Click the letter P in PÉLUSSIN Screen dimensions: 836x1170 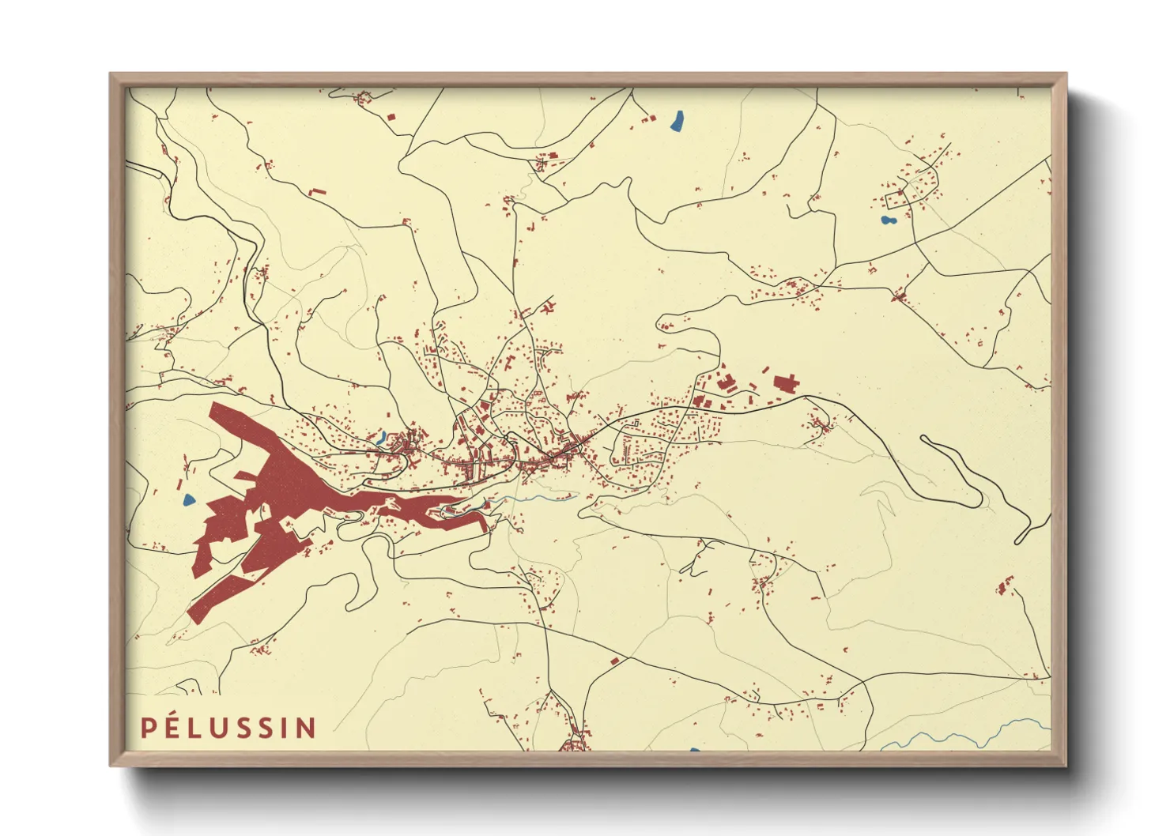pyautogui.click(x=148, y=728)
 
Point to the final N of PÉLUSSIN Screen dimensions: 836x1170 pyautogui.click(x=307, y=728)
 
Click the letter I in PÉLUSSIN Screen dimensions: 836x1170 pyautogui.click(x=287, y=728)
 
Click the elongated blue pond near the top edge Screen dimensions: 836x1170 pyautogui.click(x=677, y=121)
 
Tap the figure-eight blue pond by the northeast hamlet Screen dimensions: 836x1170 pyautogui.click(x=888, y=220)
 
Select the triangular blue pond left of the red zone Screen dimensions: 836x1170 pyautogui.click(x=189, y=499)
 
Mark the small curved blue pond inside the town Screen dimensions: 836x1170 pyautogui.click(x=381, y=437)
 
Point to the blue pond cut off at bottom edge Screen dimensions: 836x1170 pyautogui.click(x=694, y=749)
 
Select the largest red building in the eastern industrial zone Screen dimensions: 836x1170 pyautogui.click(x=785, y=385)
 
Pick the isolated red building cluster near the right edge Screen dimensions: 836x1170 pyautogui.click(x=1006, y=586)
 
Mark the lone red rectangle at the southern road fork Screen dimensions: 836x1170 pyautogui.click(x=614, y=661)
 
